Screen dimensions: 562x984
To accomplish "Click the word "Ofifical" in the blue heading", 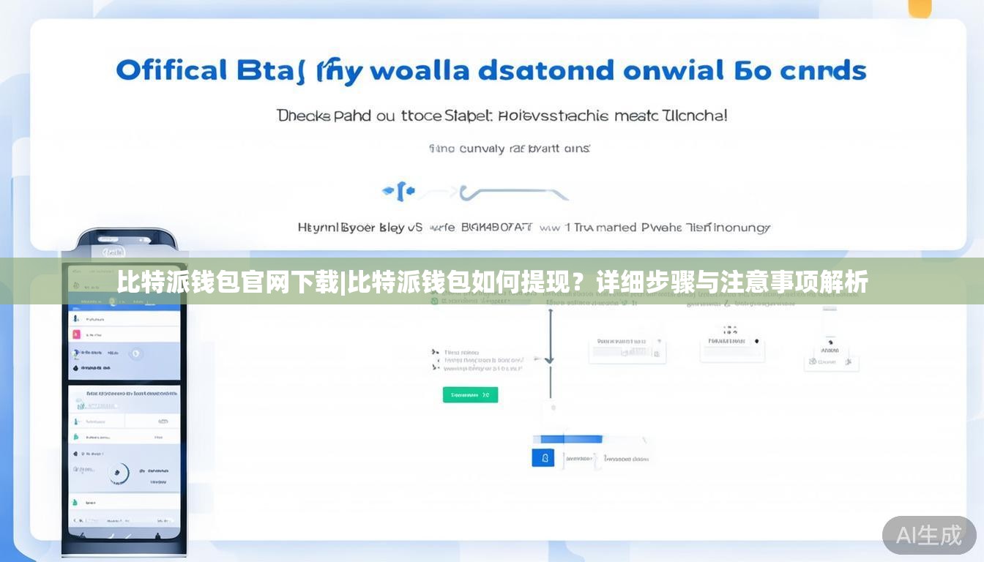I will click(171, 71).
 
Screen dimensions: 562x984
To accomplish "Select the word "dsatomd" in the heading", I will click(545, 71).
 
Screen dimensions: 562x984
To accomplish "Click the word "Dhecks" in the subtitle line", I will click(303, 116).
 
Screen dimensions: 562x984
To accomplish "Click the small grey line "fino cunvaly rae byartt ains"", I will click(509, 149).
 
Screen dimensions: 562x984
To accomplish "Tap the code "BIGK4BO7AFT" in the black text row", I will click(496, 228).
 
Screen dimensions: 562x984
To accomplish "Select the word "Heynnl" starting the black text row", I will click(318, 228).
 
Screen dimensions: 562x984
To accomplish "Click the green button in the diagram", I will click(470, 395).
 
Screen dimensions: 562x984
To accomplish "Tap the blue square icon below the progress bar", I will click(543, 459).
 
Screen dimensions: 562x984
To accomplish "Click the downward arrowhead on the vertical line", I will click(550, 359).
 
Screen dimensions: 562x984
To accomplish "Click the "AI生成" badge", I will click(928, 535).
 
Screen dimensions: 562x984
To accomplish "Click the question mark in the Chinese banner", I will click(578, 282).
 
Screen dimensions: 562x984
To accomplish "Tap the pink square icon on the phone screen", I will click(75, 334).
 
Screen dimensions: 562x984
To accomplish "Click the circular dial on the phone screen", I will click(117, 473).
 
